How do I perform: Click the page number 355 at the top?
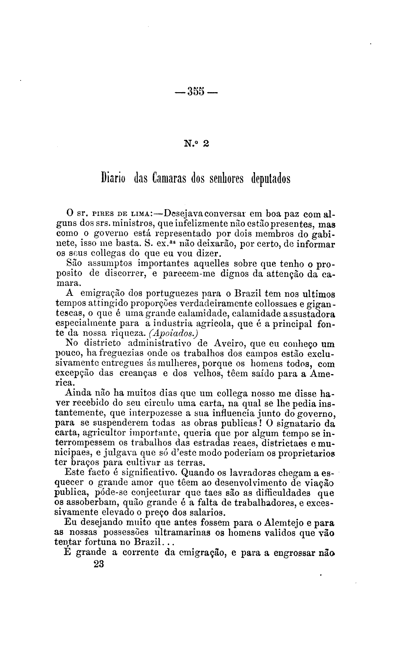[x=196, y=91]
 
